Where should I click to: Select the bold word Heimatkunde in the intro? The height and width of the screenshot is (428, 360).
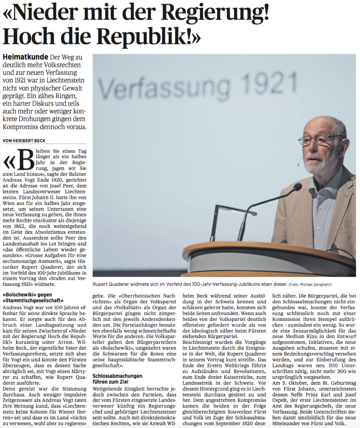[25, 57]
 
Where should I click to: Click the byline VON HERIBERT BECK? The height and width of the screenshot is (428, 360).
[24, 141]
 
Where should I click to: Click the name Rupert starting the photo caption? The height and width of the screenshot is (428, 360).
[101, 284]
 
